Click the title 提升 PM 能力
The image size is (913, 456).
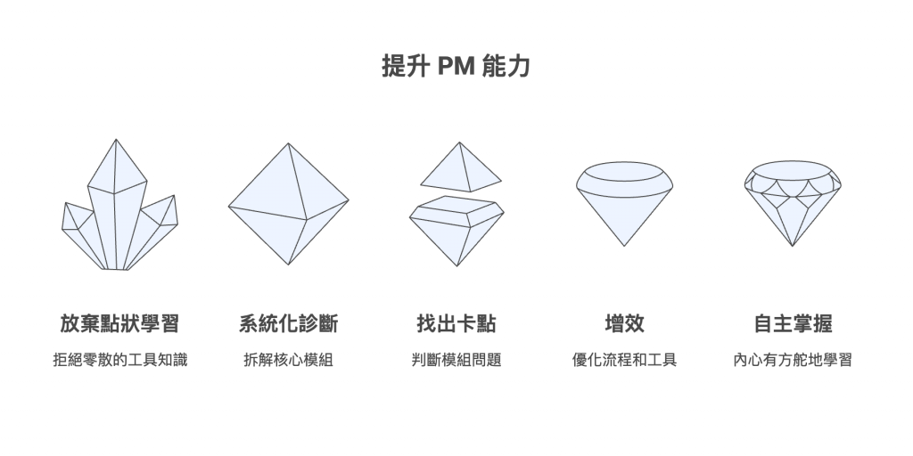point(456,68)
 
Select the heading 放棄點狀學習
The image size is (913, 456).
point(120,323)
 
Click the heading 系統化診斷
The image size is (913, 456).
point(288,323)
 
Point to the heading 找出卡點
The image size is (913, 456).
point(456,323)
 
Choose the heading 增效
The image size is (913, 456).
point(624,323)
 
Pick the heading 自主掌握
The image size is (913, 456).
point(793,323)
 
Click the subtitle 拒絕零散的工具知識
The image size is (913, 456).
point(120,361)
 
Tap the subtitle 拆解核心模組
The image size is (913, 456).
point(288,361)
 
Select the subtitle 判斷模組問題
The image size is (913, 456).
point(456,361)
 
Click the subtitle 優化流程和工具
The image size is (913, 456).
point(624,361)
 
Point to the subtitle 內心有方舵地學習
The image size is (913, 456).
point(793,361)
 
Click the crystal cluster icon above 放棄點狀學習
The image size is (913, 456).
point(119,214)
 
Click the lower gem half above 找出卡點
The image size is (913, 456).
point(456,230)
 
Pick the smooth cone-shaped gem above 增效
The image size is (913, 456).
point(624,200)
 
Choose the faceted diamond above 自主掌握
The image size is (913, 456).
point(792,200)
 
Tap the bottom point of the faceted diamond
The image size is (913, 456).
point(792,243)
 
